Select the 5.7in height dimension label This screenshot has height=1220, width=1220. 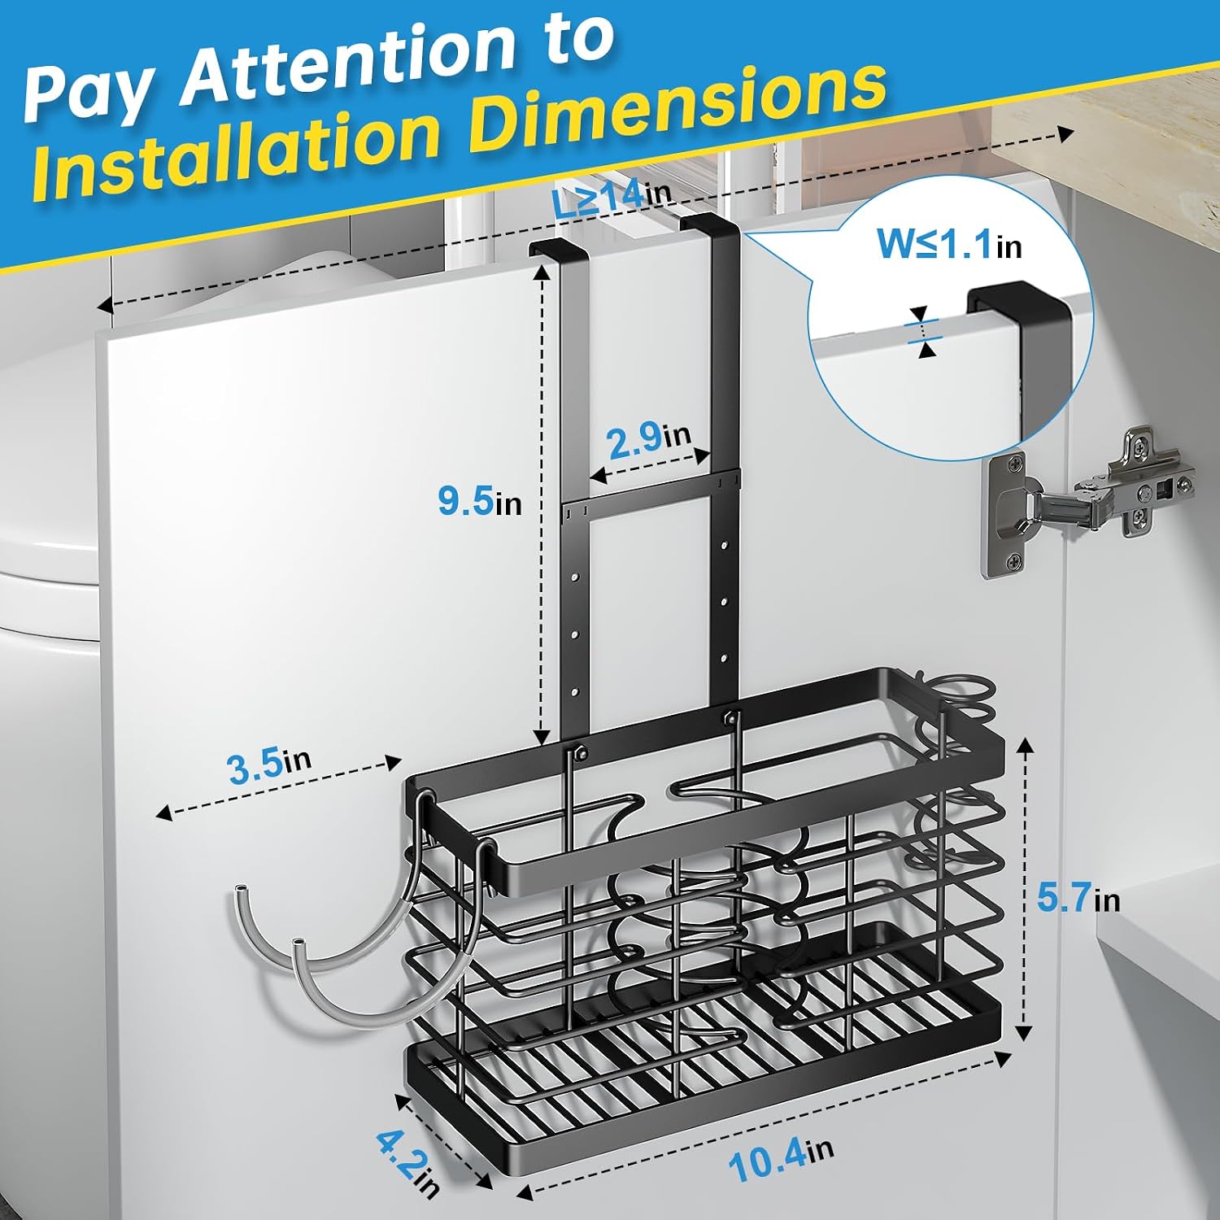(1078, 898)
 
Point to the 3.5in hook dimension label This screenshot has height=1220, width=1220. (269, 765)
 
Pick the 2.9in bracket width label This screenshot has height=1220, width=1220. (648, 439)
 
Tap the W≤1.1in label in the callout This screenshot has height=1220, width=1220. (949, 243)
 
